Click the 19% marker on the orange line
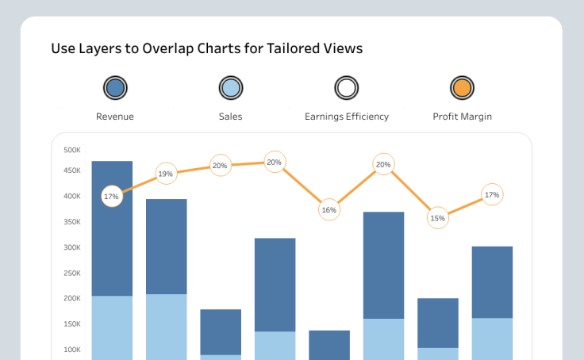point(165,174)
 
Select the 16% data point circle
point(328,210)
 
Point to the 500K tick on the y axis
point(72,150)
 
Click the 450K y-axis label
point(72,170)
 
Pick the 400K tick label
point(72,196)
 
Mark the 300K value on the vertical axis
point(72,247)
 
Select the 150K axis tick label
point(72,324)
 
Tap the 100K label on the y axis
point(72,350)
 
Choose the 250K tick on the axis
point(72,222)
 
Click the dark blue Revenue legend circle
point(115,87)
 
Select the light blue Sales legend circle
point(230,87)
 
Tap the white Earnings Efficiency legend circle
point(346,87)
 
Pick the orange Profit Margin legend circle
point(462,87)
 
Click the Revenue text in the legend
point(115,117)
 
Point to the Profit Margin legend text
point(462,117)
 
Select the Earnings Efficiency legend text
point(347,117)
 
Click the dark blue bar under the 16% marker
point(328,344)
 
